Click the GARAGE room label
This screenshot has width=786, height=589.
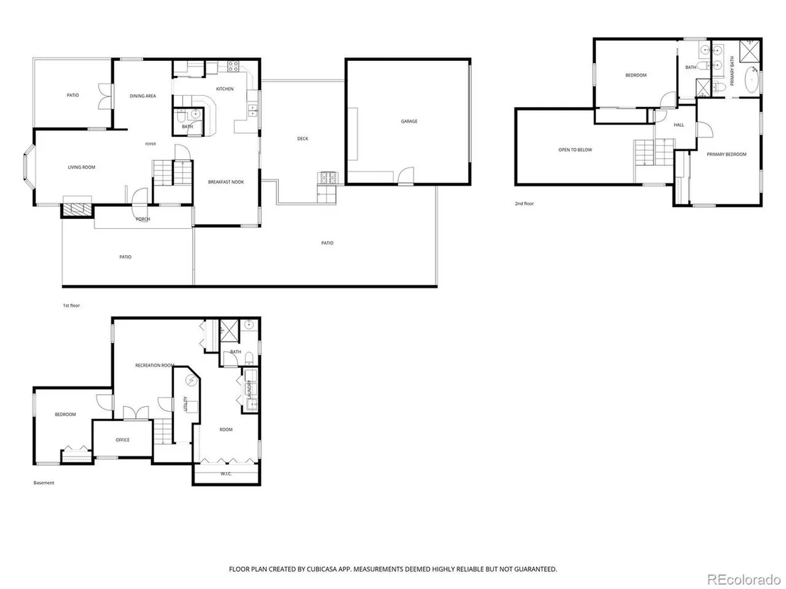(409, 121)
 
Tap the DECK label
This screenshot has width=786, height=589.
(303, 139)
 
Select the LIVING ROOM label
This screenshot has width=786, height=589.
(82, 167)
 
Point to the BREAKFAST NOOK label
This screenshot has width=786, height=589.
(226, 182)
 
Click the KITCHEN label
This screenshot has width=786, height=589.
(225, 89)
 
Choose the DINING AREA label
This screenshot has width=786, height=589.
(143, 96)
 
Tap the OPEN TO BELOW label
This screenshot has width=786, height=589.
(575, 150)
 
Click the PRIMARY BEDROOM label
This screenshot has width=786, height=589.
(726, 155)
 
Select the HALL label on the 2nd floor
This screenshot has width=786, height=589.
(679, 125)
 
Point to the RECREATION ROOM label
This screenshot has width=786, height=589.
(155, 366)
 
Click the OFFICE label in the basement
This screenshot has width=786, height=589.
(123, 439)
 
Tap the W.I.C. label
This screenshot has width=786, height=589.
(226, 473)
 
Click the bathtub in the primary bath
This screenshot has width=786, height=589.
(751, 79)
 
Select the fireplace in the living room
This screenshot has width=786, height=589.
(77, 210)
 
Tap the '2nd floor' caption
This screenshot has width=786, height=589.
(524, 204)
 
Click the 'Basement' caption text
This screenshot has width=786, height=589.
(43, 483)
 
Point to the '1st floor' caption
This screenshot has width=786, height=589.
(71, 305)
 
